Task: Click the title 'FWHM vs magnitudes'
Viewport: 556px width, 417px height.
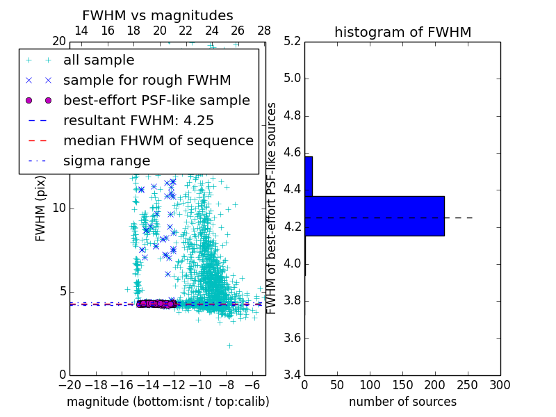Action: point(158,15)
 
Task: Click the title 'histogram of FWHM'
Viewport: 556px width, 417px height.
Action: point(402,32)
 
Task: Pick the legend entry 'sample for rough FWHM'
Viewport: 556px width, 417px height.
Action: point(147,80)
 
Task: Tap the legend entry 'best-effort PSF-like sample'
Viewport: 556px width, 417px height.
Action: point(156,100)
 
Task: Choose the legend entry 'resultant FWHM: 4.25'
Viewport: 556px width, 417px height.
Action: point(138,120)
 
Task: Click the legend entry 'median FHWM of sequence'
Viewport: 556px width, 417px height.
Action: point(158,140)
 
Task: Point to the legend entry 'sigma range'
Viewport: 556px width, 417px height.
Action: point(106,161)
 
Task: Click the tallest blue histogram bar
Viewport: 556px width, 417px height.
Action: point(374,216)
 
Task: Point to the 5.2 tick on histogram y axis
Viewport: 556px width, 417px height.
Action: point(291,41)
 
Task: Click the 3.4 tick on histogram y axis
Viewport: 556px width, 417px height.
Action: point(291,375)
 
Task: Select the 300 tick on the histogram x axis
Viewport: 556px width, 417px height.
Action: point(500,384)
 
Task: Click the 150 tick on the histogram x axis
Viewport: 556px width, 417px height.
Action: point(402,384)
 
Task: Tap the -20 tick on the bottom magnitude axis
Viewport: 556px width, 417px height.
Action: point(69,384)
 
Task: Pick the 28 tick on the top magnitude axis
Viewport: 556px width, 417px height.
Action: point(264,31)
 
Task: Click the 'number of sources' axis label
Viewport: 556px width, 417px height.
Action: point(402,402)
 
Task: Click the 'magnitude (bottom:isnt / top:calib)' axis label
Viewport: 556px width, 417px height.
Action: point(167,402)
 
